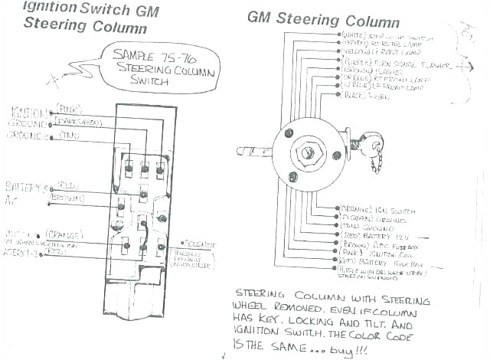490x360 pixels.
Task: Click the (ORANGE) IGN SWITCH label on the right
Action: [x=375, y=208]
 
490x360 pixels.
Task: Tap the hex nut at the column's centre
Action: [x=308, y=152]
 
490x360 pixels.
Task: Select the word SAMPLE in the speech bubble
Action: [x=135, y=55]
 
